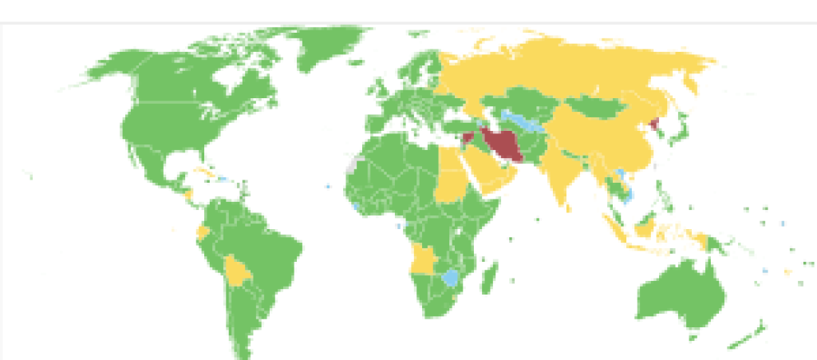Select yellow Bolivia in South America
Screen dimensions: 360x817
pos(237,271)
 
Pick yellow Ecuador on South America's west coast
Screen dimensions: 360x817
pos(203,232)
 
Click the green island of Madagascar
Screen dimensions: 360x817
pos(490,275)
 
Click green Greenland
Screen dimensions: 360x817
pos(327,48)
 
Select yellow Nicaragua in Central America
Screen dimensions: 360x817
pos(188,194)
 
